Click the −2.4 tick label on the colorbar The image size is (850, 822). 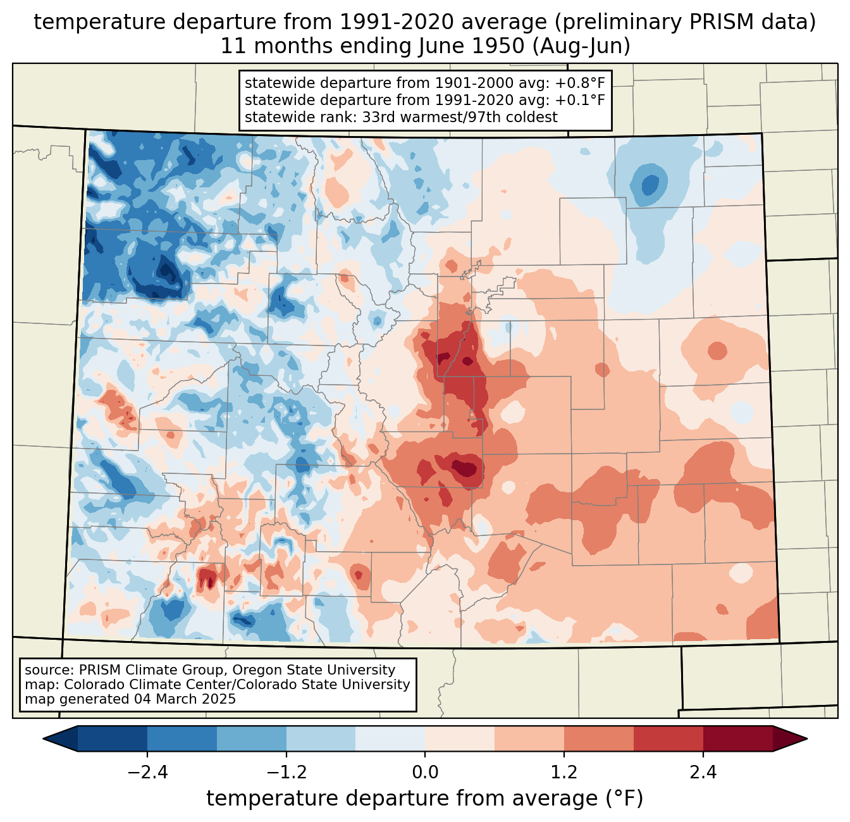[147, 772]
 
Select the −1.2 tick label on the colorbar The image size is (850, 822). [286, 772]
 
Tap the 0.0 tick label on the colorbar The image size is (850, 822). [425, 772]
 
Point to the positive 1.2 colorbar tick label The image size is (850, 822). [564, 772]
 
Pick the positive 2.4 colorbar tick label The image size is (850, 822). [703, 772]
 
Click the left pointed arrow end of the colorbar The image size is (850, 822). [44, 738]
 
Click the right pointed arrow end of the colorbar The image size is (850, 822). [806, 738]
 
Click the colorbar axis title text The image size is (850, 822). [425, 798]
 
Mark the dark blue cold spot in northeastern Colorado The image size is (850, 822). [650, 184]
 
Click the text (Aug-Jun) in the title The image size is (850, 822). [581, 46]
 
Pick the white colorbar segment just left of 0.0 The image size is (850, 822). [390, 738]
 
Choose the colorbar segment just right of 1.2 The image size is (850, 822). [599, 738]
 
